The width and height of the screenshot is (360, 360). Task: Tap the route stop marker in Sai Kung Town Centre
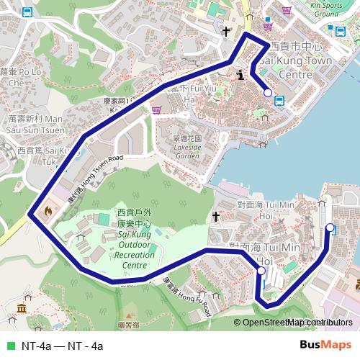[268, 92]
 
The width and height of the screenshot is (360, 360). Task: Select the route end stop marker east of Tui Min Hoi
[330, 228]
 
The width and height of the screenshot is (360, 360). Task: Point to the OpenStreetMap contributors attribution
[297, 323]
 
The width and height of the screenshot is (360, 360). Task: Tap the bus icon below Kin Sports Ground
[338, 30]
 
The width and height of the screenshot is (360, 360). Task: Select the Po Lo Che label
[21, 77]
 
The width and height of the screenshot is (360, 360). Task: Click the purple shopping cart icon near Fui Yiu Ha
[156, 110]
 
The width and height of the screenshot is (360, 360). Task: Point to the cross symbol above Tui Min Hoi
[215, 216]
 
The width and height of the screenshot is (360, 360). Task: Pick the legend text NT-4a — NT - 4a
[63, 346]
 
